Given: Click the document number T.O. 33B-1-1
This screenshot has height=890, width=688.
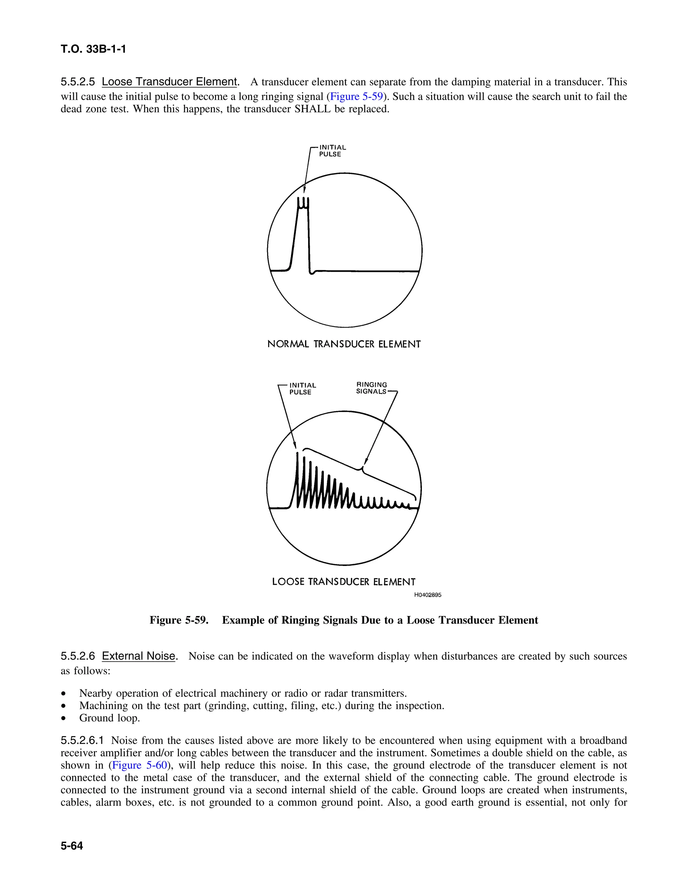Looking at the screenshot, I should [93, 49].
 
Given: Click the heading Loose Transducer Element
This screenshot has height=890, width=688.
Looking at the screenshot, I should [169, 82].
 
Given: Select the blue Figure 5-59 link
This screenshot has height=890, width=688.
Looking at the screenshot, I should [356, 97].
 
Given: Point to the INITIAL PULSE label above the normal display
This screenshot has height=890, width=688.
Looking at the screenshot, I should [332, 151].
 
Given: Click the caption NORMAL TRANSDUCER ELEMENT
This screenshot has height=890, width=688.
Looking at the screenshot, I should [344, 344].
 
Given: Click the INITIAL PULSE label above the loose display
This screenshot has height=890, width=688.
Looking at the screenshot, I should [302, 389].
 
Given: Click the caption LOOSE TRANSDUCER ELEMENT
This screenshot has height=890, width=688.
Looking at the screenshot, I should [344, 582].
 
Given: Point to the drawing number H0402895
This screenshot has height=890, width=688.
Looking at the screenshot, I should [428, 595].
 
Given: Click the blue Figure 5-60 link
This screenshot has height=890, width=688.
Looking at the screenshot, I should [139, 765].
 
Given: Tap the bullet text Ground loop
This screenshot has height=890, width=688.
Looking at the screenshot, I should [109, 718].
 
